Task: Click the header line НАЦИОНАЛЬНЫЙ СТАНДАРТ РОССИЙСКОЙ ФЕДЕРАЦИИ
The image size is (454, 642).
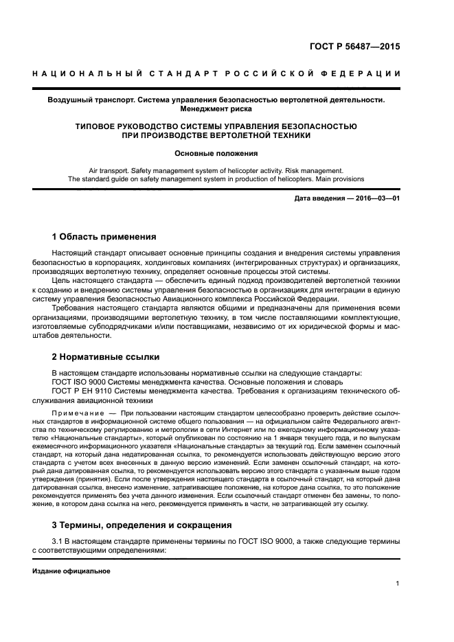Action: tap(216, 74)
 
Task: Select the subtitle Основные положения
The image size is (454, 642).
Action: tap(216, 154)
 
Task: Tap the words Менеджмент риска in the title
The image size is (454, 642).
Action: tap(216, 108)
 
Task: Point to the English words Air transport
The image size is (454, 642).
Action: tap(114, 170)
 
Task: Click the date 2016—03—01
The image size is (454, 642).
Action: tap(378, 198)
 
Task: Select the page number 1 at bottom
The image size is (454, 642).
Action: tap(398, 584)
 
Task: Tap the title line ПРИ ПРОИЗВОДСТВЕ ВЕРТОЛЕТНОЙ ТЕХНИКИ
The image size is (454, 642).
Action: tap(216, 135)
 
